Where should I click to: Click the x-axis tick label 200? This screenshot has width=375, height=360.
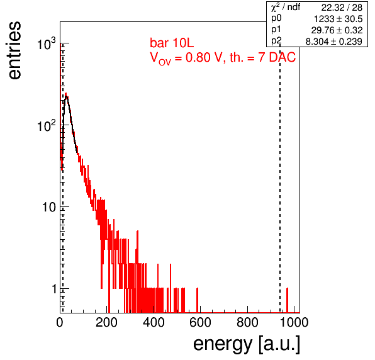106,322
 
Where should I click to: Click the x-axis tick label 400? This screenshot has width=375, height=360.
154,322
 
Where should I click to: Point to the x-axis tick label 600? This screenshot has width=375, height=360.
201,322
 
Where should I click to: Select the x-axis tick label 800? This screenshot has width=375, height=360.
247,322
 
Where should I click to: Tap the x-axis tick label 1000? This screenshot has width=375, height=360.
294,322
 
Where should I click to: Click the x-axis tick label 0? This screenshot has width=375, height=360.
60,322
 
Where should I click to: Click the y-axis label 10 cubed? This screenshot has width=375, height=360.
47,43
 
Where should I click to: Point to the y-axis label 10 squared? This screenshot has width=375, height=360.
47,125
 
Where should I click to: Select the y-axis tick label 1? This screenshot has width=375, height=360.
55,289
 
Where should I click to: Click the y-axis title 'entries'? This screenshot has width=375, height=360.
15,50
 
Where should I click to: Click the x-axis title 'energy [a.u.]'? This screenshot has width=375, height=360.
247,344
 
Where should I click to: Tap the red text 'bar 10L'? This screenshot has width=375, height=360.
172,43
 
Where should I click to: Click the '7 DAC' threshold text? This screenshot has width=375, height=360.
277,57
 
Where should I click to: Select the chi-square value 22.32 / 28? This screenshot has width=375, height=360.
342,8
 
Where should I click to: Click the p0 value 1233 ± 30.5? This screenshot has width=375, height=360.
338,19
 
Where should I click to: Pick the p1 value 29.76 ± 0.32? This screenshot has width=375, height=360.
337,30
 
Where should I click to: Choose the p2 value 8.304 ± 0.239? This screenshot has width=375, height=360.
334,42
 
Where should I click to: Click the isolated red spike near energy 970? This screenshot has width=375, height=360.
288,300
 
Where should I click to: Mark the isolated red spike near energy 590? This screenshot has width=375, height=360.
198,300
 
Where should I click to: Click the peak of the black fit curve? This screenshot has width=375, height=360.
67,96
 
